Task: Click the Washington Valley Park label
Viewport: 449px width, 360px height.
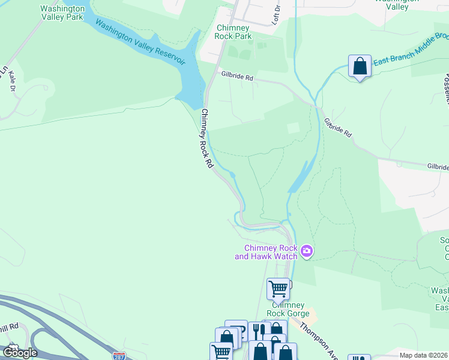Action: pyautogui.click(x=62, y=14)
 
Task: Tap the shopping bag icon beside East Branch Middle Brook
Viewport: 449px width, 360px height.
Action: pyautogui.click(x=360, y=66)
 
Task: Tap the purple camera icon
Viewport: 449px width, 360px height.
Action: pyautogui.click(x=307, y=251)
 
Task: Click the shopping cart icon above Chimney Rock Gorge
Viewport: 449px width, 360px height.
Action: pyautogui.click(x=278, y=289)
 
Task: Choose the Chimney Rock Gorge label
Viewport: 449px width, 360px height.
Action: pyautogui.click(x=288, y=310)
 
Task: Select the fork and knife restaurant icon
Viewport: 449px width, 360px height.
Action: pyautogui.click(x=259, y=331)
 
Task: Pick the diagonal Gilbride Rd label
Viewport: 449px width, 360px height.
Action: pyautogui.click(x=338, y=127)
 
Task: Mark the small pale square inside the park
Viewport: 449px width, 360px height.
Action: pyautogui.click(x=293, y=128)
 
